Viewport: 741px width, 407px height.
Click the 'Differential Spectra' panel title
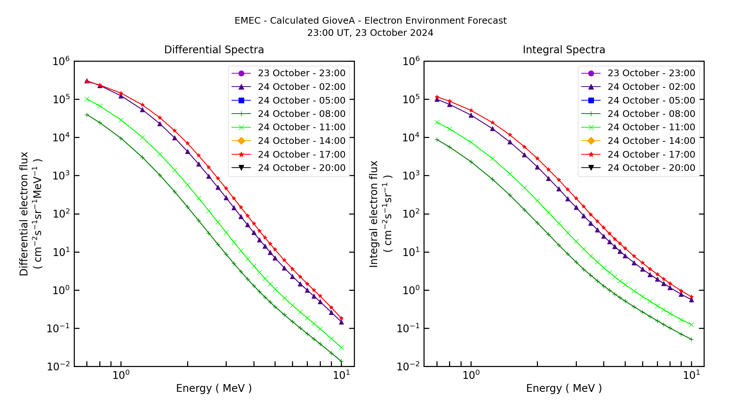pyautogui.click(x=214, y=50)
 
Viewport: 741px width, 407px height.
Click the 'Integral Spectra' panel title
pyautogui.click(x=564, y=50)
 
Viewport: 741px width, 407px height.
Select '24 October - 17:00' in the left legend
pyautogui.click(x=301, y=154)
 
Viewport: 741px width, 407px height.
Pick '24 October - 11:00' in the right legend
pyautogui.click(x=651, y=127)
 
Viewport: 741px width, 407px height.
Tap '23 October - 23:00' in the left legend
pyautogui.click(x=301, y=73)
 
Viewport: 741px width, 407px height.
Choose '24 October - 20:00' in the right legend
pyautogui.click(x=651, y=168)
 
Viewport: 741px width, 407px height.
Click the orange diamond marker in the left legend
pyautogui.click(x=241, y=141)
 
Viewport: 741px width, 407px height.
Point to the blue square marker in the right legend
pyautogui.click(x=591, y=100)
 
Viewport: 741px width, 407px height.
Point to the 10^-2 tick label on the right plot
pyautogui.click(x=408, y=367)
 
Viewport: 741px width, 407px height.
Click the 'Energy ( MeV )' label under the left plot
pyautogui.click(x=214, y=388)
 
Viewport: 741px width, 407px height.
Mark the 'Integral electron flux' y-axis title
pyautogui.click(x=374, y=214)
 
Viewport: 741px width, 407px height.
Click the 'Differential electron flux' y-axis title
pyautogui.click(x=24, y=214)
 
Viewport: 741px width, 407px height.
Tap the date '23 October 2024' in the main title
pyautogui.click(x=394, y=33)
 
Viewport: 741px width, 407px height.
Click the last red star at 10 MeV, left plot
pyautogui.click(x=341, y=318)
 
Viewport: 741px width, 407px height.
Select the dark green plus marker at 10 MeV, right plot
pyautogui.click(x=691, y=339)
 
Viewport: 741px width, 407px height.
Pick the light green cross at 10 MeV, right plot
pyautogui.click(x=691, y=325)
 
